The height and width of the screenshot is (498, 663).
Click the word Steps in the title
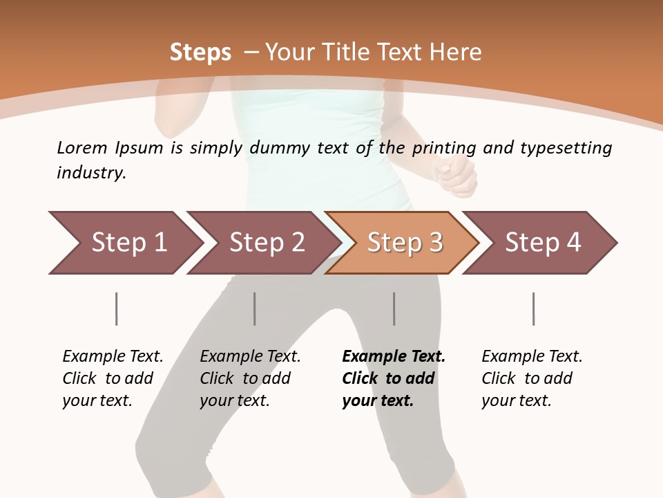point(200,52)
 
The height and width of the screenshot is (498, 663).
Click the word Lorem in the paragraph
point(81,147)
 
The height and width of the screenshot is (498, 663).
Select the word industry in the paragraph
point(90,173)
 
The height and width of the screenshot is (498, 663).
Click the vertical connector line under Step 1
point(116,308)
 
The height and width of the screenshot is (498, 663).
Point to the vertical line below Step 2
point(255,308)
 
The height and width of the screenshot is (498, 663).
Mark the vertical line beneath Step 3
point(394,308)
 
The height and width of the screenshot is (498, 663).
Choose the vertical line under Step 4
point(533,308)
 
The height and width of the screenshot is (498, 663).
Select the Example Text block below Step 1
point(113,378)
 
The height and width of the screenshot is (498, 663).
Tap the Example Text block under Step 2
point(250,378)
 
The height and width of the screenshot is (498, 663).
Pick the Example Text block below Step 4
point(532,378)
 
